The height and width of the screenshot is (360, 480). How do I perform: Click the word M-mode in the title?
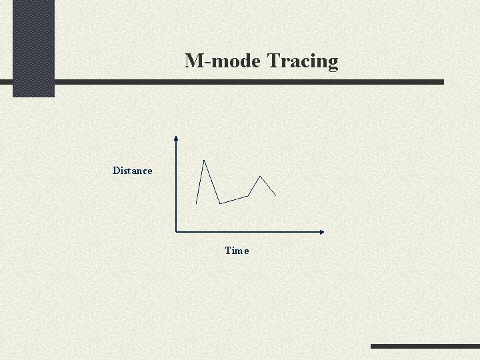[223, 61]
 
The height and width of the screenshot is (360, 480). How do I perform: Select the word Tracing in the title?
[303, 62]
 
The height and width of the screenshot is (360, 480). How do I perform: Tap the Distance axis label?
[132, 171]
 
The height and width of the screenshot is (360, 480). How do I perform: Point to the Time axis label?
[237, 251]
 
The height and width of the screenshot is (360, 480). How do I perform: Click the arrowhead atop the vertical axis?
[175, 139]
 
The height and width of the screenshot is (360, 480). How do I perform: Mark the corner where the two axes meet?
[175, 232]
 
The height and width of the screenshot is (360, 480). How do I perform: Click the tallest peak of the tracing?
[204, 161]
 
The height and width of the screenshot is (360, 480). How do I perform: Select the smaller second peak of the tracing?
[259, 177]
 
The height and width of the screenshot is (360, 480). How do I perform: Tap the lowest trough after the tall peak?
[220, 203]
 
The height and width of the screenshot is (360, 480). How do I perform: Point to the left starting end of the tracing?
[197, 203]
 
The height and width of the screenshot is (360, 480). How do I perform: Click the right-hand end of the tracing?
[275, 195]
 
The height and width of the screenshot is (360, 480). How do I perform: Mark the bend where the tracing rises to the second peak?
[248, 195]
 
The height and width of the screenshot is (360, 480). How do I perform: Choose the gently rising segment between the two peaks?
[234, 199]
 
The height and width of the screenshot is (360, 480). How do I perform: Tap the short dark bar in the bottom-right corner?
[425, 347]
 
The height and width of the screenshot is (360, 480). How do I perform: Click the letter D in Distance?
[116, 171]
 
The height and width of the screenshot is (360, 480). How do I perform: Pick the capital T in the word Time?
[228, 251]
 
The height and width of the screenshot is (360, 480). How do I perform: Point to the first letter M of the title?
[194, 61]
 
